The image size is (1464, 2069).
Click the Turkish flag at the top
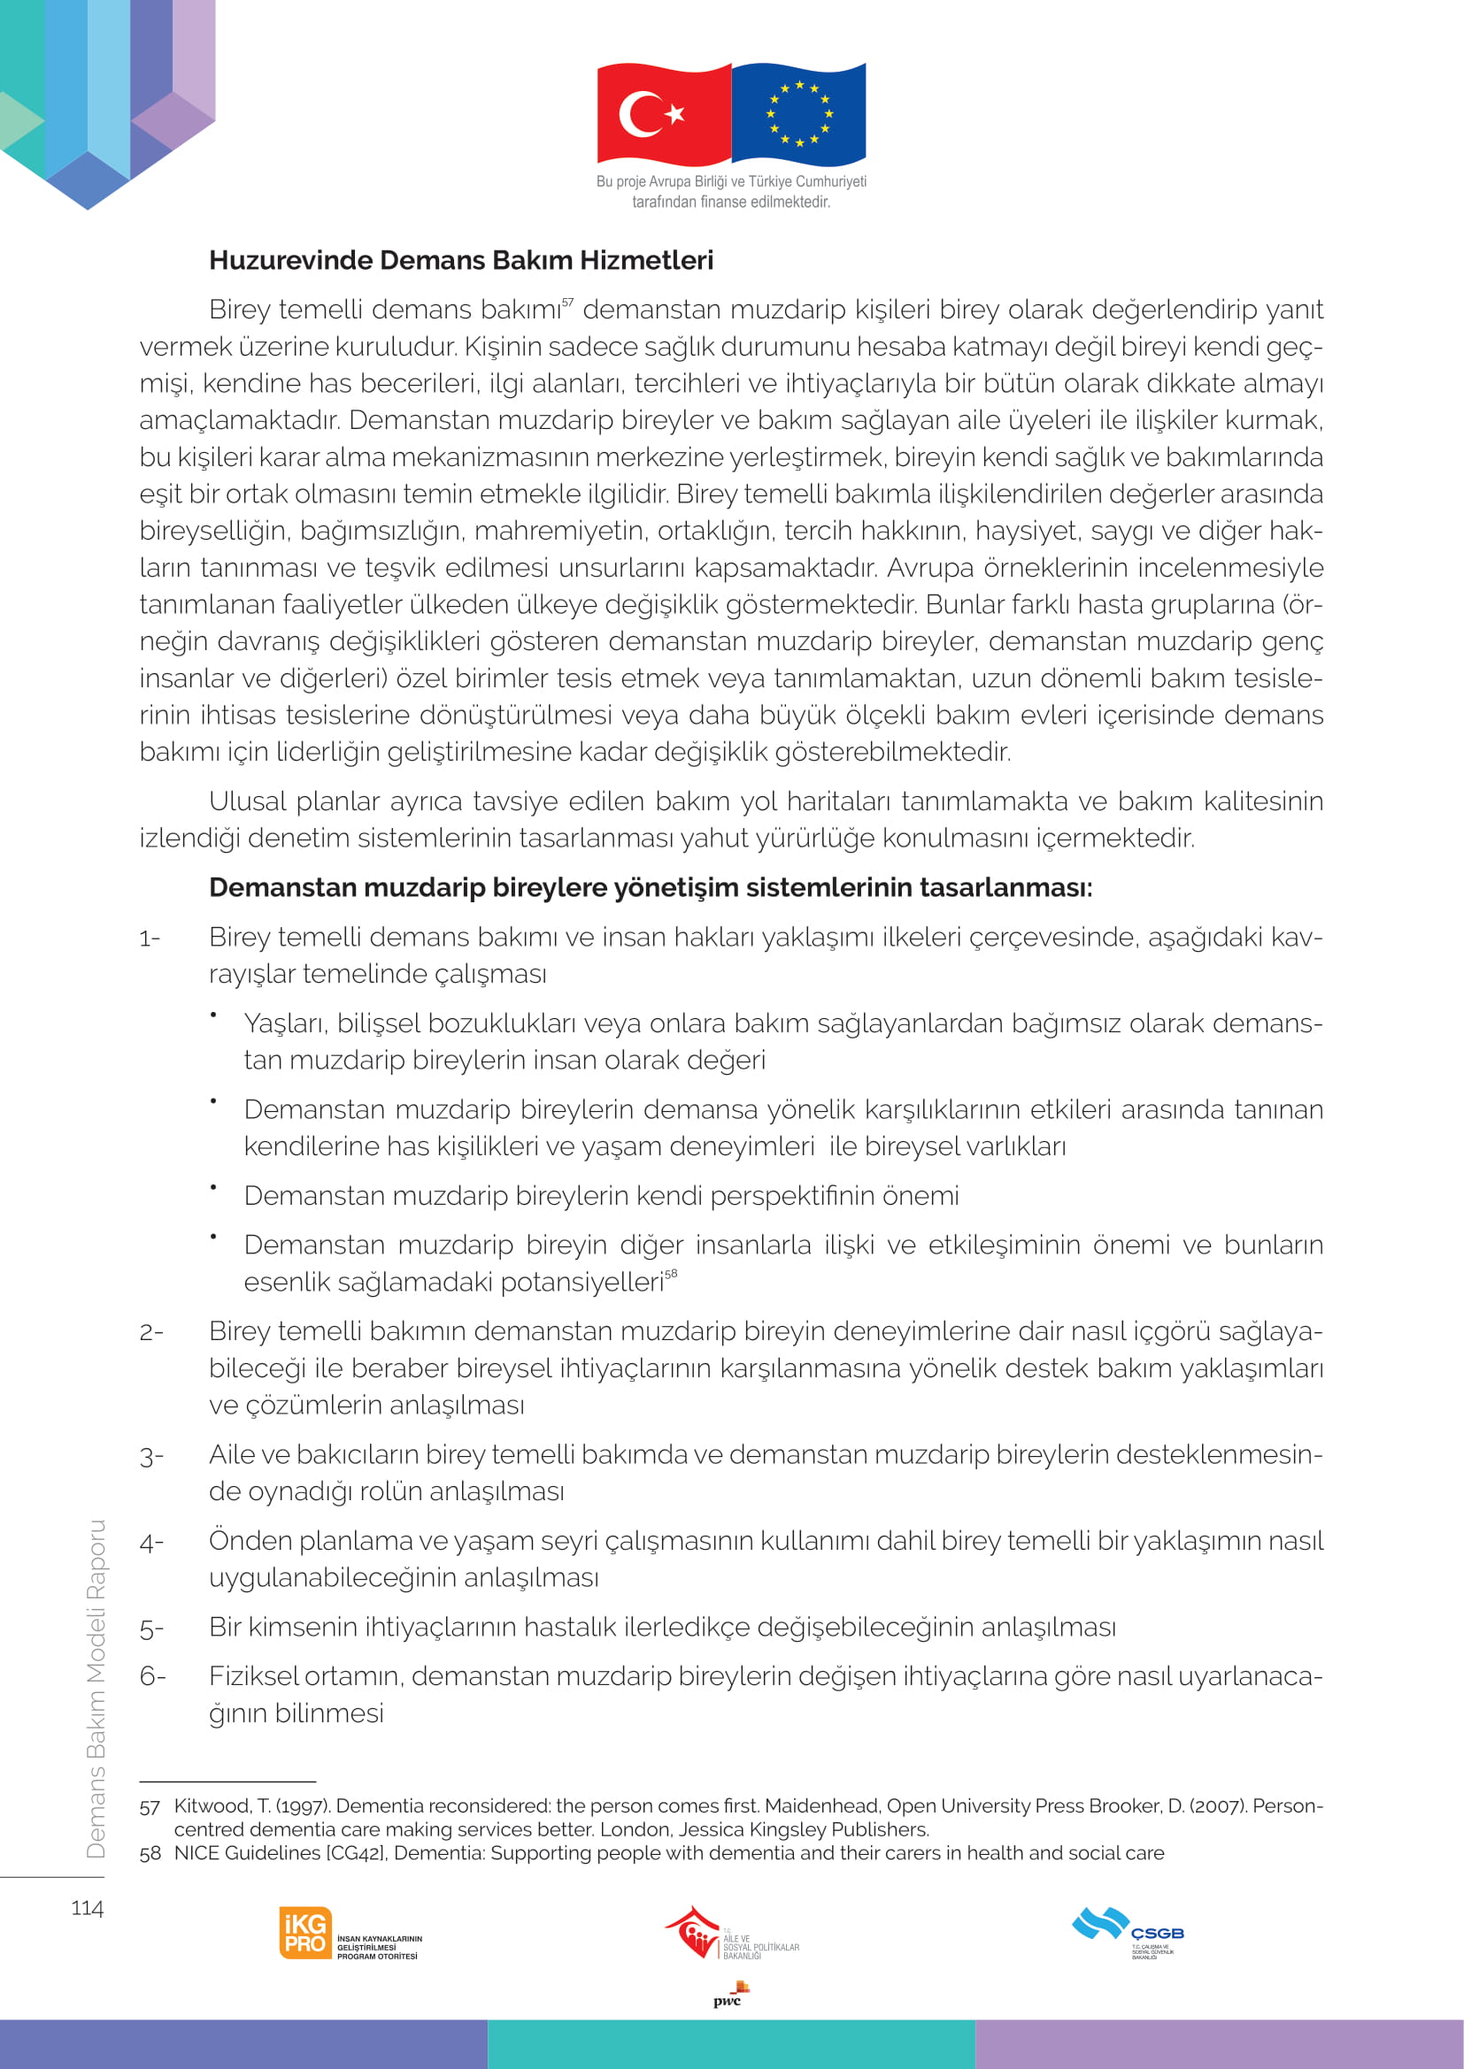pyautogui.click(x=664, y=113)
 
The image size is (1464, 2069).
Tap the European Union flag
pyautogui.click(x=798, y=113)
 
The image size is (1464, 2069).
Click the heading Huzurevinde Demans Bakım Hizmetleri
pyautogui.click(x=460, y=260)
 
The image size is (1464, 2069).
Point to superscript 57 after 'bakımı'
pyautogui.click(x=567, y=302)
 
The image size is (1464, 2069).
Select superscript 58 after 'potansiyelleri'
pyautogui.click(x=671, y=1273)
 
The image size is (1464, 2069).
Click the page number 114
pyautogui.click(x=88, y=1908)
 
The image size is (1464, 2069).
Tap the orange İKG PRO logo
pyautogui.click(x=305, y=1933)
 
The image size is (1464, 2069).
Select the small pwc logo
pyautogui.click(x=728, y=1995)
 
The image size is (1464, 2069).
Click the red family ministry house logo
pyautogui.click(x=692, y=1930)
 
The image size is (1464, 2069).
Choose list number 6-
pyautogui.click(x=152, y=1676)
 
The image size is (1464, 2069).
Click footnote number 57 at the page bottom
pyautogui.click(x=150, y=1807)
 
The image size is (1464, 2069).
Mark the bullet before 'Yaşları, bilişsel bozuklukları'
pyautogui.click(x=213, y=1015)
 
